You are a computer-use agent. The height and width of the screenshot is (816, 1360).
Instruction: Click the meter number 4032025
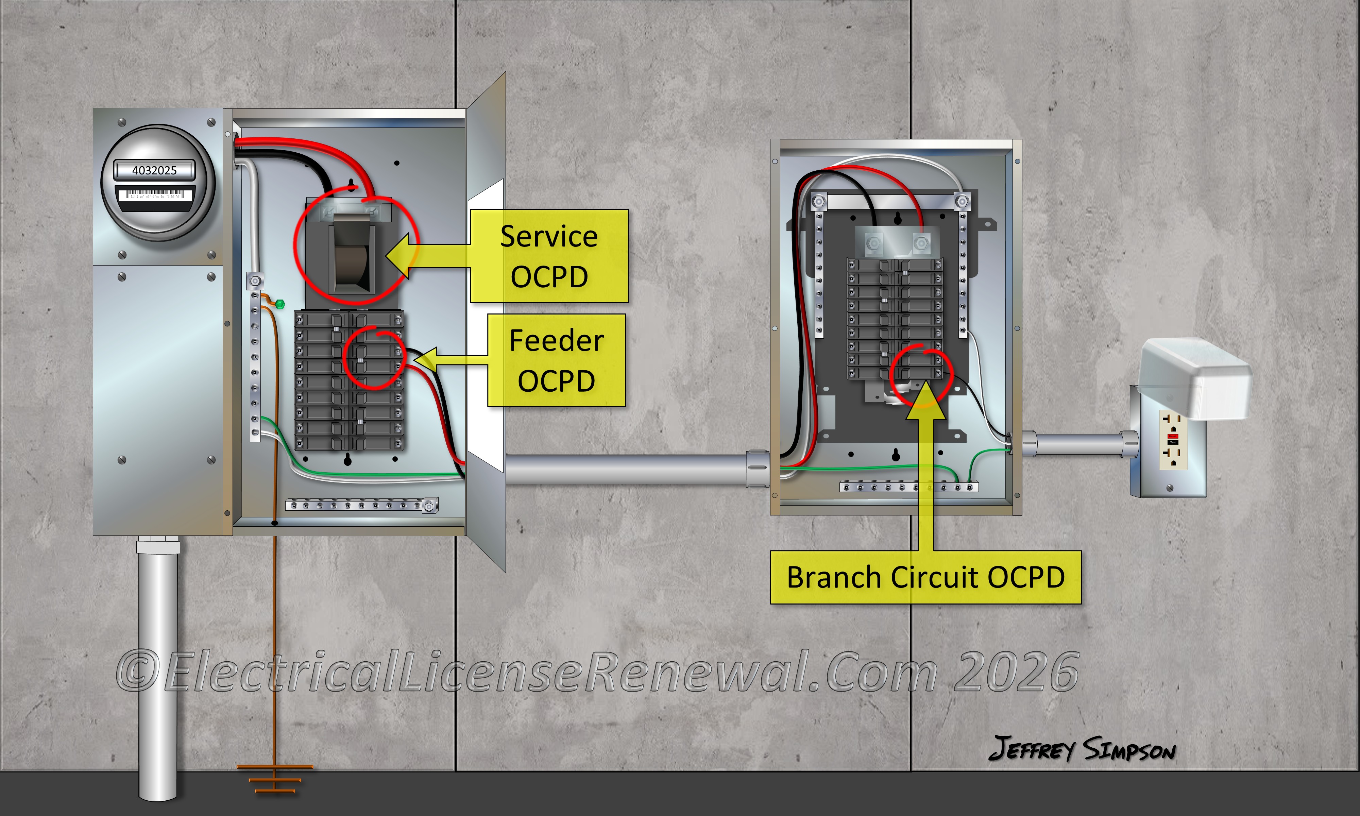(x=154, y=170)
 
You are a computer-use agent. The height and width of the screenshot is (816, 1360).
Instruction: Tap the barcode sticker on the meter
(x=154, y=195)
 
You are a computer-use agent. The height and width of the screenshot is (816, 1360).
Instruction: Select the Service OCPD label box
(x=549, y=256)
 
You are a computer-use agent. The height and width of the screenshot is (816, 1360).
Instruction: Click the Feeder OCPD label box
(x=556, y=360)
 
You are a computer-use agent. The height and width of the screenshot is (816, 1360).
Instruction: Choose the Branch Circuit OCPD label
(x=926, y=577)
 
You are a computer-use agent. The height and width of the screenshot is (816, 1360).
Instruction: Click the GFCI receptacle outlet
(x=1173, y=440)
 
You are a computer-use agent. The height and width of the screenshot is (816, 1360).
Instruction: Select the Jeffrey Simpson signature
(x=1081, y=749)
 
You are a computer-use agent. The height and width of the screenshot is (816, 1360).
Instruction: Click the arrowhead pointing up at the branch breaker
(x=926, y=399)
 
